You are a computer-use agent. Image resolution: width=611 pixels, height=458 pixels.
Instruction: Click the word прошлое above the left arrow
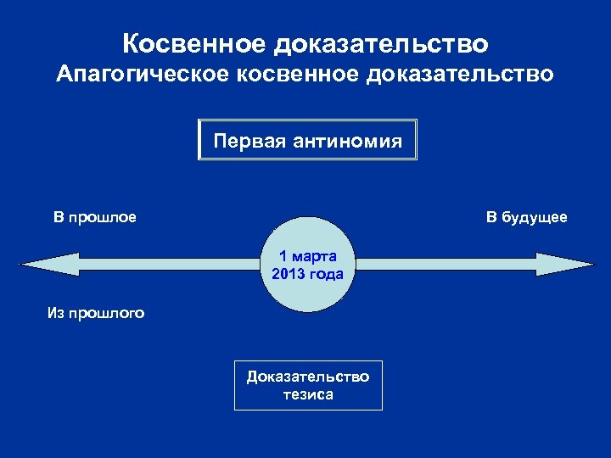(104, 218)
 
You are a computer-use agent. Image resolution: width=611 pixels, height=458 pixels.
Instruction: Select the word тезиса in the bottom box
(308, 394)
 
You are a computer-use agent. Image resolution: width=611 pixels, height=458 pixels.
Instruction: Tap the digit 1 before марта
(283, 256)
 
